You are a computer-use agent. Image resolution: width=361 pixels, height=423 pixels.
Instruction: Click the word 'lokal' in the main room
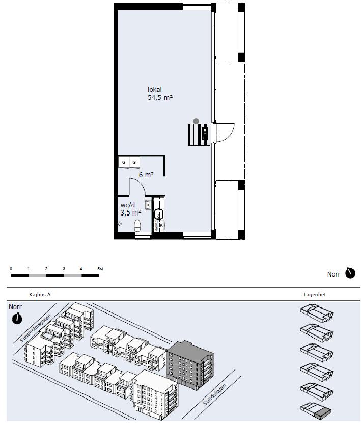click(x=154, y=89)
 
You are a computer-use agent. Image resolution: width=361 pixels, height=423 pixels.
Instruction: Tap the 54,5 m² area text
click(x=160, y=98)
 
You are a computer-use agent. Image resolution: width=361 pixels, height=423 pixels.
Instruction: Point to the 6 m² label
click(x=146, y=175)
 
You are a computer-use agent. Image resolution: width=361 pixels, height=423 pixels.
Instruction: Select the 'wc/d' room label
click(x=127, y=205)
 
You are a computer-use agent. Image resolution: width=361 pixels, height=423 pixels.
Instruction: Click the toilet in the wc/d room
click(x=137, y=226)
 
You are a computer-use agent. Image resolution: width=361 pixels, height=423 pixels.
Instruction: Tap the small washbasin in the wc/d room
click(x=148, y=205)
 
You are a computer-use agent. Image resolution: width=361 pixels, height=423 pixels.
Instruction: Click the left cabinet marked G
click(x=124, y=162)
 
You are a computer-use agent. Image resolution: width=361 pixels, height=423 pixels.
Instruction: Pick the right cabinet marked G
click(x=134, y=162)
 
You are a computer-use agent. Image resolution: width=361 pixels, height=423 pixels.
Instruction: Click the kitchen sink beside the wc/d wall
click(x=158, y=214)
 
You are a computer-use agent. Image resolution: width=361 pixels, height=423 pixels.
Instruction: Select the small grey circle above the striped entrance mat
click(x=196, y=121)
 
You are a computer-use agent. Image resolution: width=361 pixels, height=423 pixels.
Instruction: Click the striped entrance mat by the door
click(x=199, y=135)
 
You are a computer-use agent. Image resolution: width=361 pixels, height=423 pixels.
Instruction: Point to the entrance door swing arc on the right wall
click(x=229, y=133)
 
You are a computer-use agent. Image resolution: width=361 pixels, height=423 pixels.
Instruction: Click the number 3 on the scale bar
click(x=64, y=269)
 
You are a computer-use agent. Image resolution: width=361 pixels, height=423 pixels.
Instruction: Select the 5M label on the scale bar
click(x=100, y=269)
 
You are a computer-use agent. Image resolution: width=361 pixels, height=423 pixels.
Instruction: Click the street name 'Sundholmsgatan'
click(x=35, y=328)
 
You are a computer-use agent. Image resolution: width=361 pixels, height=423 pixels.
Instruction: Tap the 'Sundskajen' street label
click(x=214, y=394)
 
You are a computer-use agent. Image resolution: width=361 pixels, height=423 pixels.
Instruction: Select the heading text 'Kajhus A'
click(x=40, y=295)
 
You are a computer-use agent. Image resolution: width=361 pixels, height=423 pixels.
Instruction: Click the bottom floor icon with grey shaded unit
click(x=317, y=410)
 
